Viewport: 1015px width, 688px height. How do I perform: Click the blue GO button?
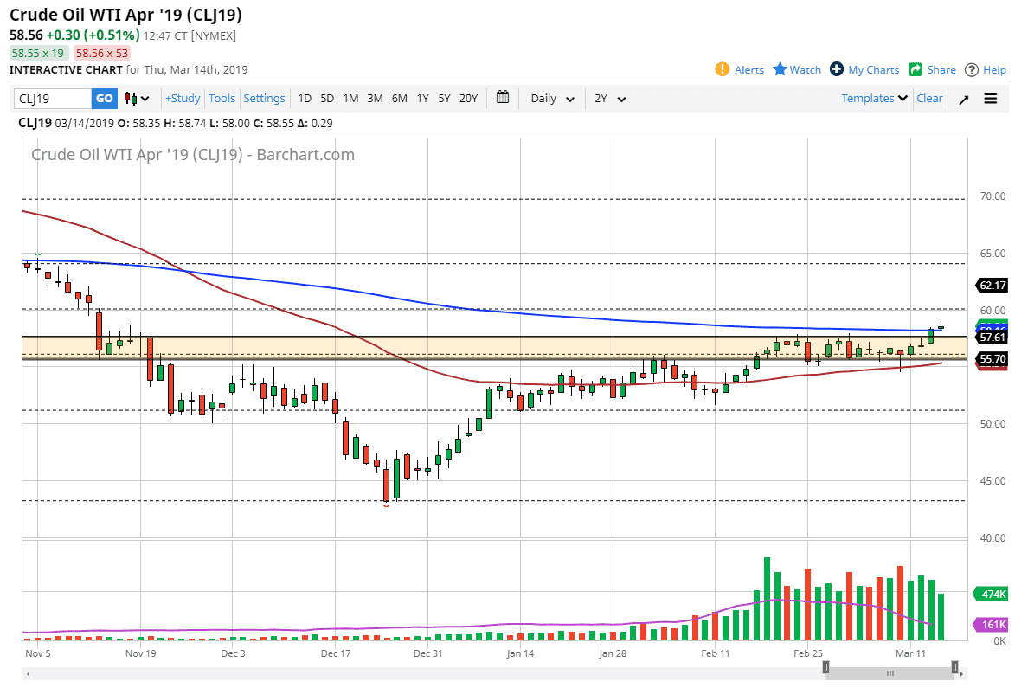[x=104, y=99]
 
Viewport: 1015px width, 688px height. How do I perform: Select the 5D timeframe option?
[x=327, y=99]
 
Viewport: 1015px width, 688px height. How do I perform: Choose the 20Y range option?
[x=468, y=99]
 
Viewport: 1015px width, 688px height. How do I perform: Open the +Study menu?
[x=183, y=99]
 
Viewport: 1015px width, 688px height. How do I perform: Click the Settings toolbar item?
[x=264, y=99]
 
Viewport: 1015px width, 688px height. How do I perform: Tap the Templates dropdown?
[x=874, y=99]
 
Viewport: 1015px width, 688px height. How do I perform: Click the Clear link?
[x=929, y=99]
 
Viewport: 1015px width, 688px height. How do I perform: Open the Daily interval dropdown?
[x=552, y=99]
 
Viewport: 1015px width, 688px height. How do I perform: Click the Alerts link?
[x=740, y=70]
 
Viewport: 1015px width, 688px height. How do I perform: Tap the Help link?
[x=986, y=70]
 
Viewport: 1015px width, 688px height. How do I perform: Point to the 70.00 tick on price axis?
[x=992, y=196]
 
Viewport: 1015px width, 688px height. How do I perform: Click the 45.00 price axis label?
[x=992, y=481]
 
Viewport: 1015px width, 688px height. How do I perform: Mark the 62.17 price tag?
[x=992, y=285]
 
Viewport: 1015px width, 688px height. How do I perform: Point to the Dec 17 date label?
[x=335, y=653]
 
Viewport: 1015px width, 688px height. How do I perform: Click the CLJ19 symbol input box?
[x=53, y=99]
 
